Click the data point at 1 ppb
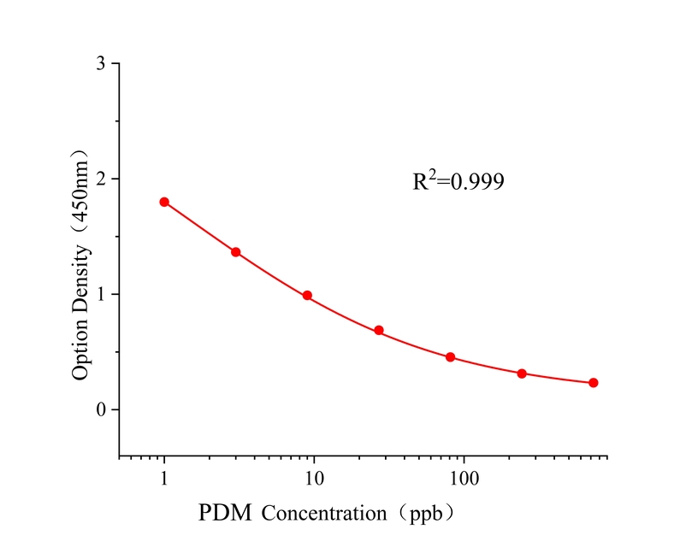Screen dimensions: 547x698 pos(164,202)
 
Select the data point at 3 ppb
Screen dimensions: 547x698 pos(235,252)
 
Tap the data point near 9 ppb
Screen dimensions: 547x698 pos(307,296)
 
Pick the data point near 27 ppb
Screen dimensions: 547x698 pos(379,330)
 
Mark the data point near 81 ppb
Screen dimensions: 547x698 pos(450,357)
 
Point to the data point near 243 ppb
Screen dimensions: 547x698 pos(522,373)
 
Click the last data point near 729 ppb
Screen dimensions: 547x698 pos(593,383)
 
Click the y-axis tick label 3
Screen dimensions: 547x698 pos(102,64)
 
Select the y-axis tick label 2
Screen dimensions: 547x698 pos(102,179)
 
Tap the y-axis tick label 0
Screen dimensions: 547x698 pos(102,410)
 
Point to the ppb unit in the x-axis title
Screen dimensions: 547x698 pos(425,515)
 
